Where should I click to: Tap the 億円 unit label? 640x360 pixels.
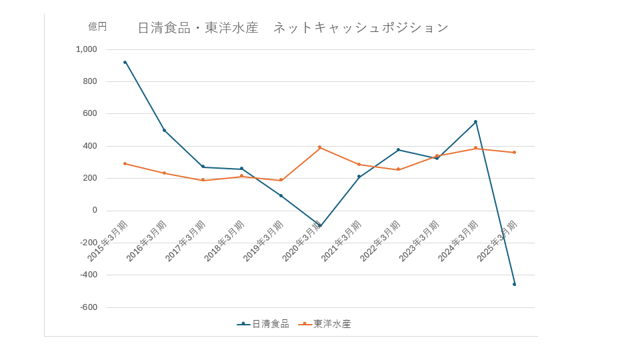(x=97, y=27)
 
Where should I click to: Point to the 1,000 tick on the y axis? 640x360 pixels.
(x=87, y=49)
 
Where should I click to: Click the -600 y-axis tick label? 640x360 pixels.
(x=89, y=307)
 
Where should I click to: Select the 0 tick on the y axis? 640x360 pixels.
(x=95, y=210)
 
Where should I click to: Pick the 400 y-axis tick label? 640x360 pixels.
(x=90, y=146)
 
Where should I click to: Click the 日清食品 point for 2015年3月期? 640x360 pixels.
(x=125, y=62)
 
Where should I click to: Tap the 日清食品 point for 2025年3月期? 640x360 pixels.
(x=514, y=284)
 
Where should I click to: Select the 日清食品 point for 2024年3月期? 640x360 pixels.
(x=475, y=121)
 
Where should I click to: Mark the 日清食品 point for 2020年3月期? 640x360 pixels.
(x=320, y=225)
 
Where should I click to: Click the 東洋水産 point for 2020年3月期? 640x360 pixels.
(x=320, y=147)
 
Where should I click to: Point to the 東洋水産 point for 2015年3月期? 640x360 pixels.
(x=125, y=163)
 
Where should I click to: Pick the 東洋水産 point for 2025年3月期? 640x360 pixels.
(x=514, y=152)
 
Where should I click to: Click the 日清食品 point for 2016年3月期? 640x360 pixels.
(x=164, y=130)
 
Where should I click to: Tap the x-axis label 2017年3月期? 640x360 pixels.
(x=185, y=241)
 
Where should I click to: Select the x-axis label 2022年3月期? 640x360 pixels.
(x=379, y=241)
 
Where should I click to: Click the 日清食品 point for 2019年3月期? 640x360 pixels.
(x=281, y=195)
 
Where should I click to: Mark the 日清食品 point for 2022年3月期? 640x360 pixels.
(x=398, y=149)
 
